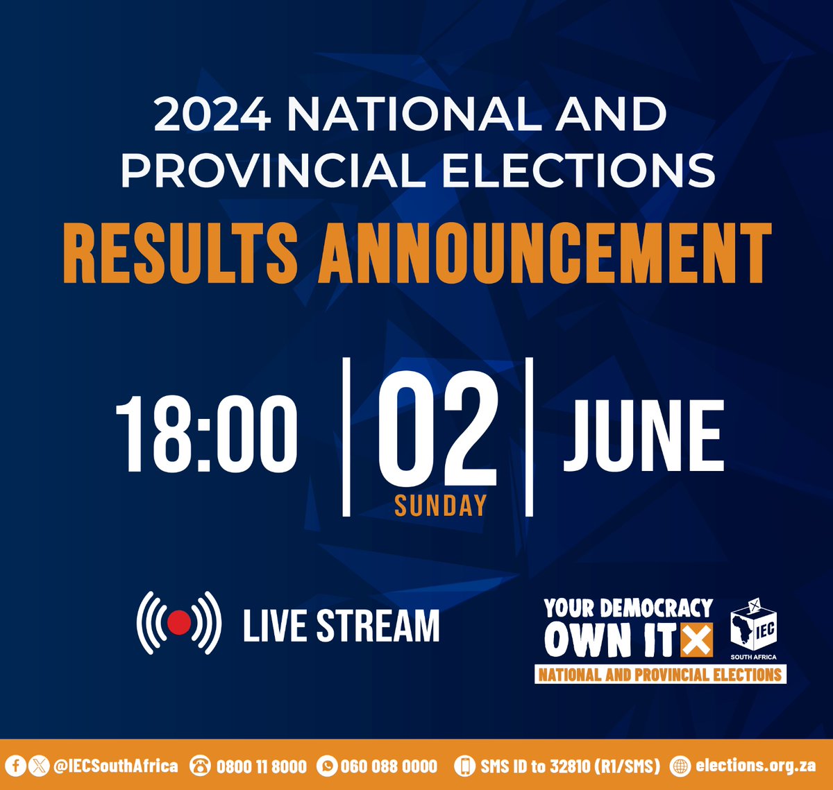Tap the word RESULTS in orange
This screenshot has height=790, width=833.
[x=180, y=252]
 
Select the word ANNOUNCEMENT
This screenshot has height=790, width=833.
[x=545, y=252]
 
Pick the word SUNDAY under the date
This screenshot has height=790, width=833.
[x=440, y=506]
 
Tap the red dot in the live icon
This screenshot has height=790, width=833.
[x=179, y=622]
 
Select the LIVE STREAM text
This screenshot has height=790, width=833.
[x=341, y=625]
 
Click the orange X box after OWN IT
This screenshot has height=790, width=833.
[x=696, y=639]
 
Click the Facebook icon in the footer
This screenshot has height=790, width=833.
[x=17, y=766]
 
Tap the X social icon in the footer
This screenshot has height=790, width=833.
[x=39, y=766]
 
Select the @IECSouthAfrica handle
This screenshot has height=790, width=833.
[x=115, y=766]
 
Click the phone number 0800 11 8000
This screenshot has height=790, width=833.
[x=261, y=766]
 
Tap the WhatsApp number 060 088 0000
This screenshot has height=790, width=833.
[x=389, y=766]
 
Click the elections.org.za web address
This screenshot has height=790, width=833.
[x=755, y=766]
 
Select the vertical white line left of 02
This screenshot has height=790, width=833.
[x=346, y=437]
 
